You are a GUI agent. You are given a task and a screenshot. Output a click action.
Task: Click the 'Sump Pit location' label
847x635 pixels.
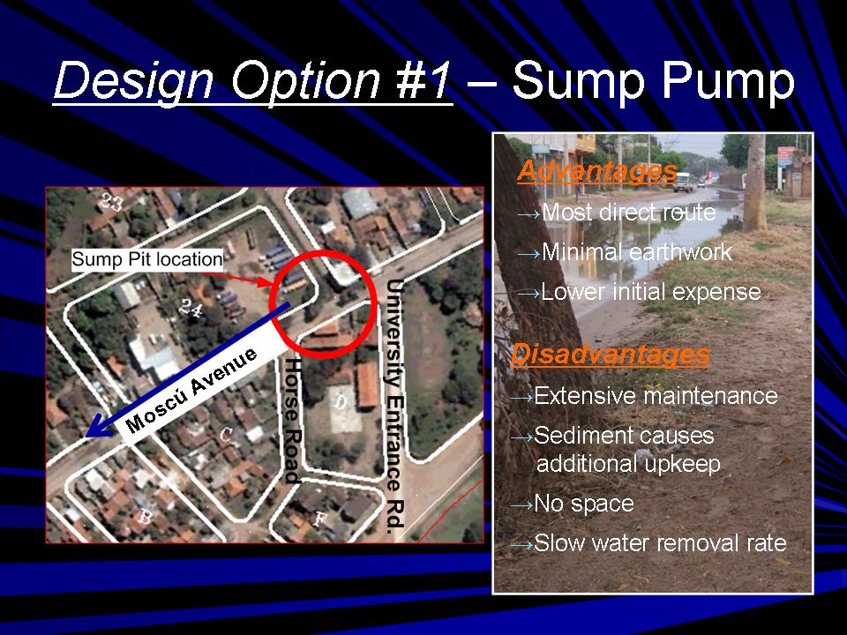coord(147,259)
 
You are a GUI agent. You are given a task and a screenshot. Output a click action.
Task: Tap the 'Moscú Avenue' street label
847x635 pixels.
coord(191,391)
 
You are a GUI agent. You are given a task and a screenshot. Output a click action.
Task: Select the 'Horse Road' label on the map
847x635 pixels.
coord(293,420)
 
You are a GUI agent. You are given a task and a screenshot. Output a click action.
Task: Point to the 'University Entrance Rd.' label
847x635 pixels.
coord(395,403)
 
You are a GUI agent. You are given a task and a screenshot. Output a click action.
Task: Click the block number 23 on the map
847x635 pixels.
coord(110,202)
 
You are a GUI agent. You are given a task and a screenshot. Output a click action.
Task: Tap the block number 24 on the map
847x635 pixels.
coord(191,309)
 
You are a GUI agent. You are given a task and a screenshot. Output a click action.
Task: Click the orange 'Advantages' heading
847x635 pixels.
coord(597,172)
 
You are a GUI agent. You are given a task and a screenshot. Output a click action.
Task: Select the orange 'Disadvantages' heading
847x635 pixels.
coord(611,355)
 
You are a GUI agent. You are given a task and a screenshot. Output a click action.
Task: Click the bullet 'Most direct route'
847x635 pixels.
coord(629,213)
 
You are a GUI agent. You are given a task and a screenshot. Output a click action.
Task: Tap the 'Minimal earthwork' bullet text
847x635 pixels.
coord(637,252)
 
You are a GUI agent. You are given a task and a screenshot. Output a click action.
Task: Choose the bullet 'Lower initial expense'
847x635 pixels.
coord(651,292)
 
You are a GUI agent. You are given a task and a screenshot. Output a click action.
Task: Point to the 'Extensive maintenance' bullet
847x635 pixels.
coord(656,396)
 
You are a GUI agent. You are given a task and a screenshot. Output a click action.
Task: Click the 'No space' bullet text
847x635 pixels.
coord(584,504)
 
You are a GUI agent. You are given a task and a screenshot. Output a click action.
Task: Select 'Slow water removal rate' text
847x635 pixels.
coord(660,543)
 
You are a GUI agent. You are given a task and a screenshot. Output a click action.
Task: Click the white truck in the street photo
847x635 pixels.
coord(683,182)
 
